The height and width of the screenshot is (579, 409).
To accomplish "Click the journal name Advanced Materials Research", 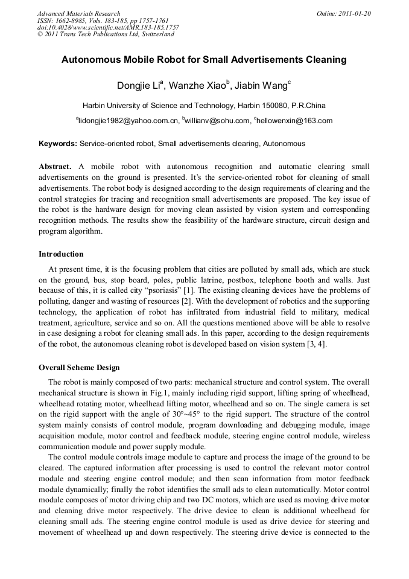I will [x=78, y=13].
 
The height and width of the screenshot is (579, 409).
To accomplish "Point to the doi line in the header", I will [x=108, y=27].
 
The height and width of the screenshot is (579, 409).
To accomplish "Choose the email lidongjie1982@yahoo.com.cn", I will [x=128, y=121].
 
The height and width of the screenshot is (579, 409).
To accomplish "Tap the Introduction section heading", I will [x=61, y=254].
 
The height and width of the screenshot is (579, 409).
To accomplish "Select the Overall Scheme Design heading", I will [x=79, y=367].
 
